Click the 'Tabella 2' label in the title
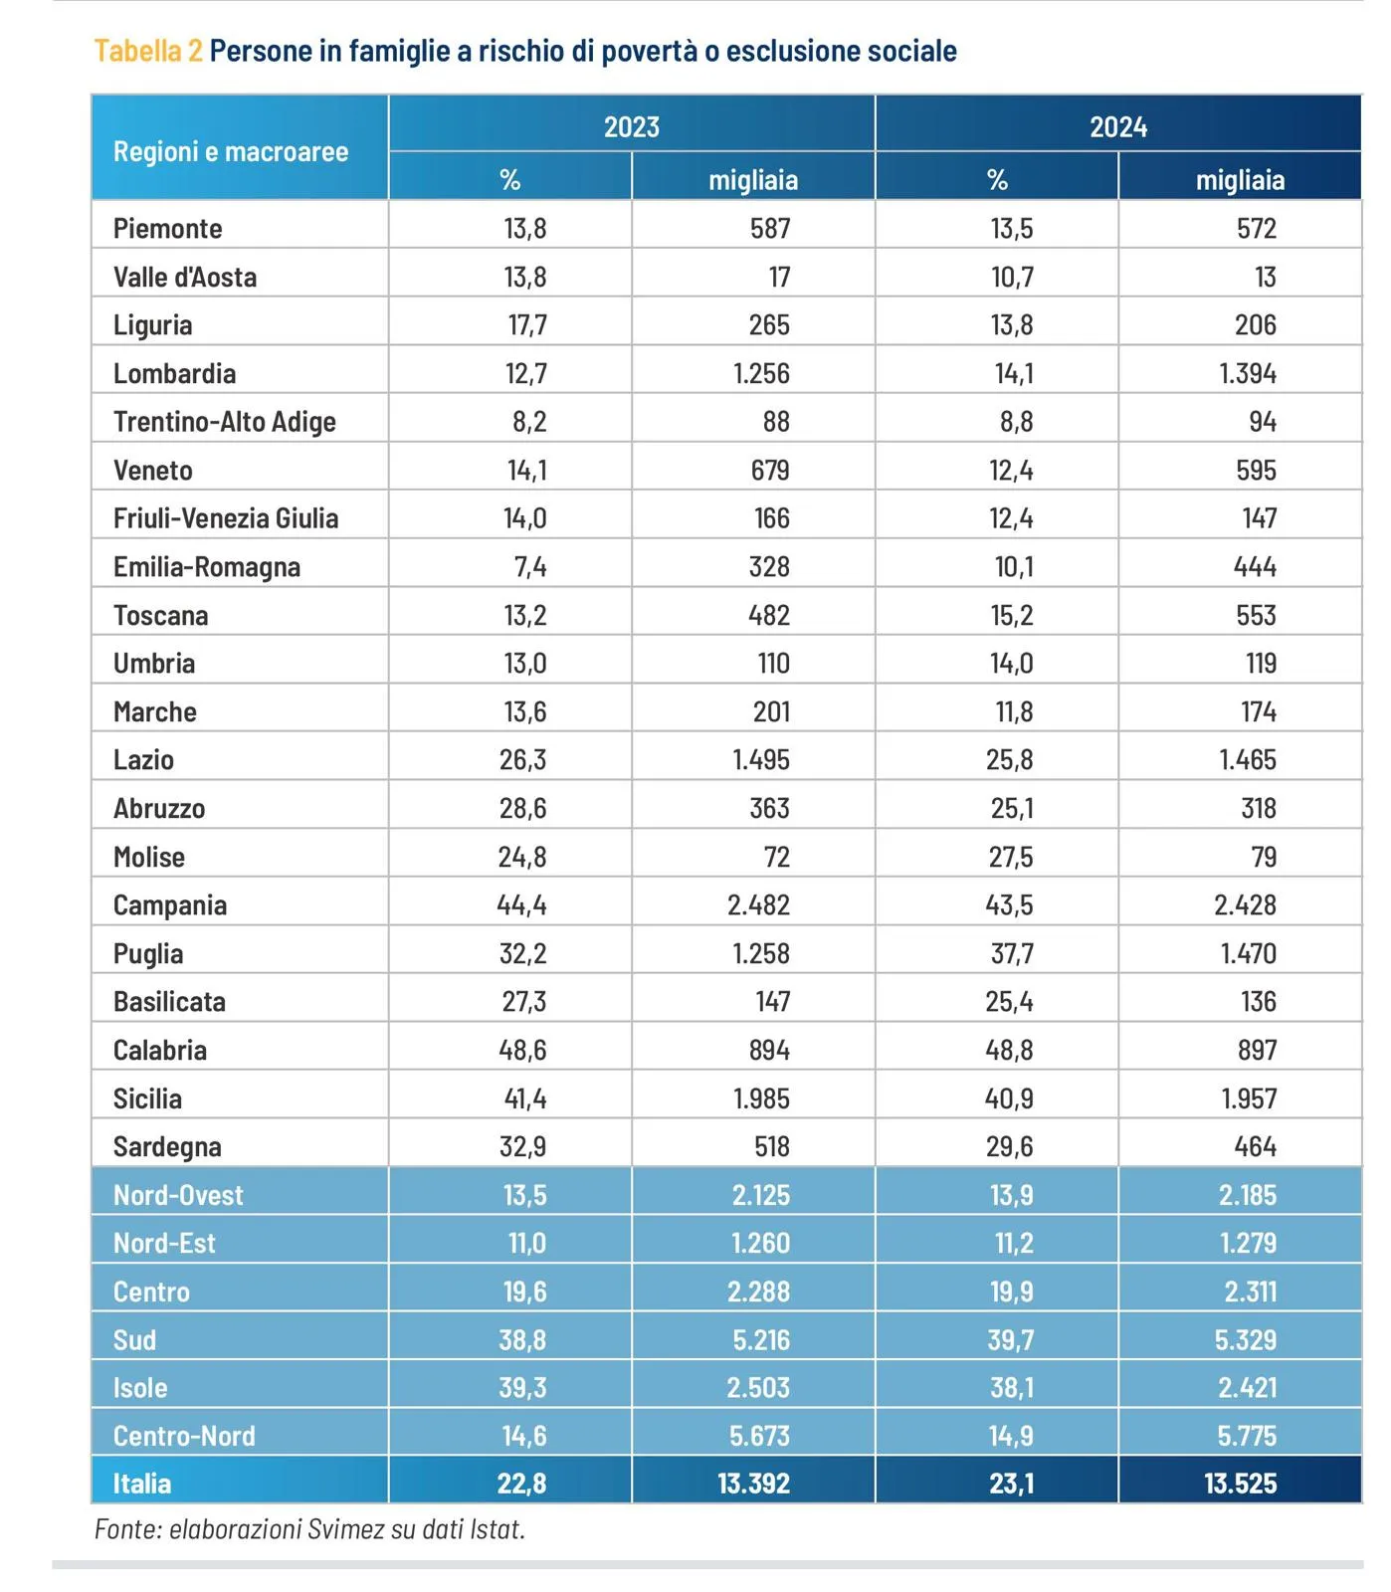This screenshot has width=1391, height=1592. [x=147, y=51]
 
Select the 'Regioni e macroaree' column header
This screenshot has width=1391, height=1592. [x=231, y=151]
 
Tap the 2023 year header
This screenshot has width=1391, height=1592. [x=632, y=126]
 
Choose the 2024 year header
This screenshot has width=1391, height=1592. [x=1118, y=126]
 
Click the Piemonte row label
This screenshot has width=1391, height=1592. [x=167, y=228]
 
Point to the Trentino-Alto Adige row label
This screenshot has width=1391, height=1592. [x=224, y=421]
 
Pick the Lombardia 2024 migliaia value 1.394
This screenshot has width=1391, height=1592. [x=1248, y=373]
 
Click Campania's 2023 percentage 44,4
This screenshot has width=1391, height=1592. [x=522, y=904]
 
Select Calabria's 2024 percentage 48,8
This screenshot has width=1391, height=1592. [x=1010, y=1050]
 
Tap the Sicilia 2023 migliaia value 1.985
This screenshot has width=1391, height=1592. [x=761, y=1098]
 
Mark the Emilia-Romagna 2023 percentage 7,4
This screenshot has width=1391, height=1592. [x=530, y=566]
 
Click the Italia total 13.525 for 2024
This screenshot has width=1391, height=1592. [x=1240, y=1483]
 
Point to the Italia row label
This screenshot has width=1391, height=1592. [x=141, y=1483]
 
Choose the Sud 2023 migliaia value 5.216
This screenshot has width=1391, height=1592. [x=761, y=1339]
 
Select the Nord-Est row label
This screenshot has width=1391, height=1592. [x=164, y=1243]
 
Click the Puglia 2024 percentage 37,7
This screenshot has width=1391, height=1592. [x=1012, y=953]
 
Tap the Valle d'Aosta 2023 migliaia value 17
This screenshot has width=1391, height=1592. [x=779, y=277]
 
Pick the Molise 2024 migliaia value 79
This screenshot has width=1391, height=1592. [x=1263, y=857]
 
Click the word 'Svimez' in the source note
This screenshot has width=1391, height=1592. [x=346, y=1528]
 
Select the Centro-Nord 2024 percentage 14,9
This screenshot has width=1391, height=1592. [x=1011, y=1435]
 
